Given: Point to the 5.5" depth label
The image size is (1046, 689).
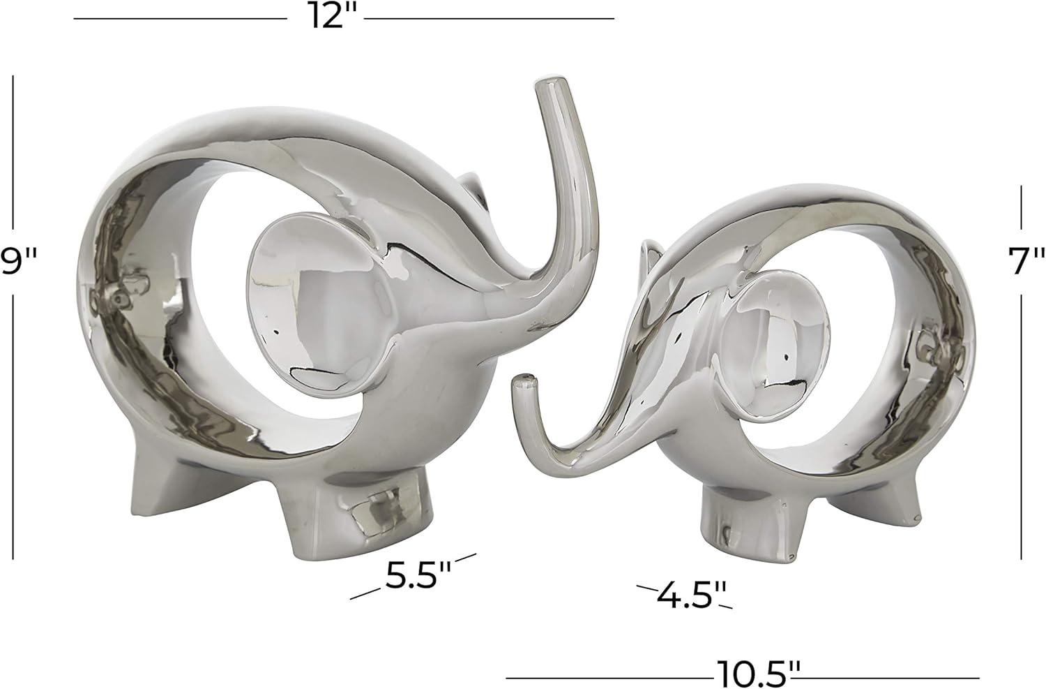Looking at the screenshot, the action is tap(418, 574).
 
